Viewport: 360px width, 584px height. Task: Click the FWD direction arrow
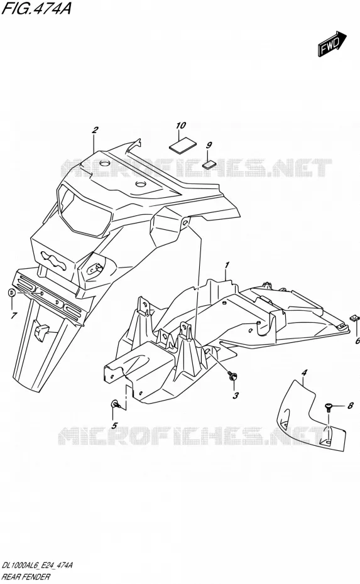coord(332,45)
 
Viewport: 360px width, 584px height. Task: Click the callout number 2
coord(95,130)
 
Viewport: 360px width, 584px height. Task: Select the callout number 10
coord(181,126)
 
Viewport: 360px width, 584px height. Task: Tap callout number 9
coord(209,145)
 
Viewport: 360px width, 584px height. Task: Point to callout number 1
coord(227,265)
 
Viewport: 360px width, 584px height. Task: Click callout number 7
coord(14,316)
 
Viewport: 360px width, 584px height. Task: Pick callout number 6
coord(357,341)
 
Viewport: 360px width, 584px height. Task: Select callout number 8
coord(350,406)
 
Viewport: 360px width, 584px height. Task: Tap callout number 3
coord(236,396)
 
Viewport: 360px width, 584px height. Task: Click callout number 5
coord(114,425)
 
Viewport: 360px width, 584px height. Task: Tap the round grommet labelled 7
coord(11,293)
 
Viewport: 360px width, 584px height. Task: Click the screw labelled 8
coord(328,407)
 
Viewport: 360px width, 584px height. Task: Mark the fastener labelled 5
coord(115,403)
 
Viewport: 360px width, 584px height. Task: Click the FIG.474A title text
coord(36,8)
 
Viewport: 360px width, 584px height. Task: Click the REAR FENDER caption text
coord(26,577)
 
